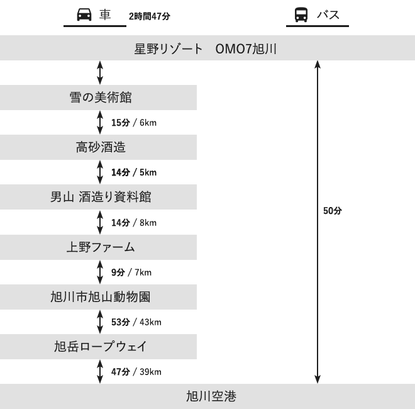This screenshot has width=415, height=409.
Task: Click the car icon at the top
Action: [84, 14]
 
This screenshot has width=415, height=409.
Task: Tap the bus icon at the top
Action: [301, 14]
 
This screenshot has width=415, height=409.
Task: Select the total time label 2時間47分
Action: [150, 16]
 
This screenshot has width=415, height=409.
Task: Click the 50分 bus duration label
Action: [333, 211]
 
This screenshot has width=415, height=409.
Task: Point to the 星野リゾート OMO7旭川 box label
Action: [206, 49]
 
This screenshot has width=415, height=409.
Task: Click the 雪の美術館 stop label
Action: [101, 98]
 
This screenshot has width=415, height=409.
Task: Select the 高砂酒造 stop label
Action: [101, 147]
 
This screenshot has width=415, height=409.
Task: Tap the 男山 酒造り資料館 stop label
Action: [101, 197]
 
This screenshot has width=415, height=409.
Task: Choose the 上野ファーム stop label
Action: [101, 247]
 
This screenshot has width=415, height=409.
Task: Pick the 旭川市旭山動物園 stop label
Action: [101, 297]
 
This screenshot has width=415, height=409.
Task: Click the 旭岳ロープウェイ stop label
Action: [101, 347]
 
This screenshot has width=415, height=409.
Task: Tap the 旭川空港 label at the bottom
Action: [211, 396]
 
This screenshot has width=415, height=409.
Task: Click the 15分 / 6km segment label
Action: [134, 123]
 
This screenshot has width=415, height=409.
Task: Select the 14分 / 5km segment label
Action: [134, 172]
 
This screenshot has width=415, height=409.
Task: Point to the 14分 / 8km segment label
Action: [134, 223]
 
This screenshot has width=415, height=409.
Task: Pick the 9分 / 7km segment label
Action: [131, 272]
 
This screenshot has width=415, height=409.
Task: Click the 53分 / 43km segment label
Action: [136, 322]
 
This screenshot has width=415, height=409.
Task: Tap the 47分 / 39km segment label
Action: [136, 372]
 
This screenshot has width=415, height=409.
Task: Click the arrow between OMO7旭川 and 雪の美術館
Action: [100, 72]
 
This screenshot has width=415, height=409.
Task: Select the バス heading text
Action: [328, 14]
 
